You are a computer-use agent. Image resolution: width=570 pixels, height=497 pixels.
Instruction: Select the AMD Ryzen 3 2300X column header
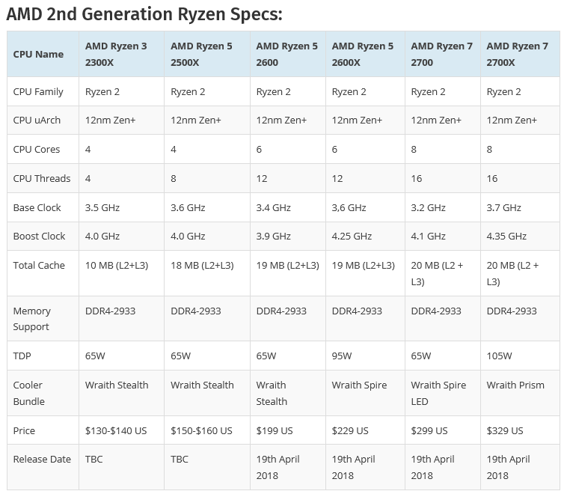pos(116,54)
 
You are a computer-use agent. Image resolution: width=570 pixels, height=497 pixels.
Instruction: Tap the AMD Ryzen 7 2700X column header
pos(517,54)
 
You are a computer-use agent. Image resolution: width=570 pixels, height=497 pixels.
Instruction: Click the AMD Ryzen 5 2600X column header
pos(362,54)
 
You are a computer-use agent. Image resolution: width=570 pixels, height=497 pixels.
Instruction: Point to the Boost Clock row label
pos(40,236)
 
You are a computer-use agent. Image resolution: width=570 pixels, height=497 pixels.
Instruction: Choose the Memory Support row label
pos(32,318)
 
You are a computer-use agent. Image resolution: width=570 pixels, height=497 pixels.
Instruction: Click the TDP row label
pos(22,356)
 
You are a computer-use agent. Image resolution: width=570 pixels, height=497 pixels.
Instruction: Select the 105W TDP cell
pos(500,356)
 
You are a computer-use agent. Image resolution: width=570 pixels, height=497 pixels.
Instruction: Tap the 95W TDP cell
pos(342,356)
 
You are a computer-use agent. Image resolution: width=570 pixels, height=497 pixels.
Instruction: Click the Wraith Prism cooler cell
pos(515,385)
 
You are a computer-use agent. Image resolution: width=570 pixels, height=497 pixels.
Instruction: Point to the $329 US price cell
pos(505,430)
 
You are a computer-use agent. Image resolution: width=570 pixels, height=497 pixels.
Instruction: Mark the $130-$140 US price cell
pos(117,430)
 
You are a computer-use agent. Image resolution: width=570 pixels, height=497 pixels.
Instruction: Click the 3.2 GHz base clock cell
pos(428,207)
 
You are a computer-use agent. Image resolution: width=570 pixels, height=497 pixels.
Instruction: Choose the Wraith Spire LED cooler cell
pos(438,393)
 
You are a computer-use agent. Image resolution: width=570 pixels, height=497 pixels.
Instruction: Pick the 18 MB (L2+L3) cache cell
pos(202,265)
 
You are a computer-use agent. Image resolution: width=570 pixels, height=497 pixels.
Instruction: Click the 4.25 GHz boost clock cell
pos(352,236)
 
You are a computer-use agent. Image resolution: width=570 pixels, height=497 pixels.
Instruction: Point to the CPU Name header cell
pos(38,54)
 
